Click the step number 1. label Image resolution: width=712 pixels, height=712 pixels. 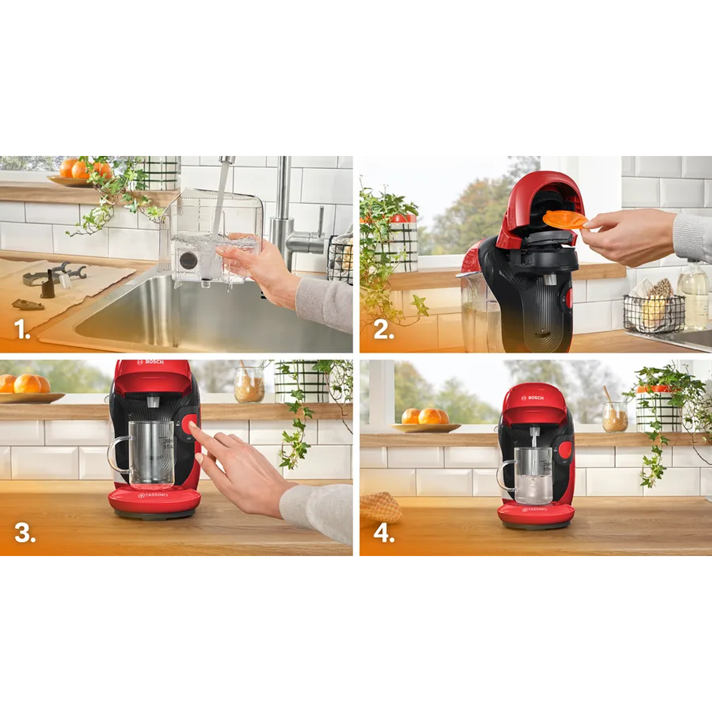[x=22, y=330]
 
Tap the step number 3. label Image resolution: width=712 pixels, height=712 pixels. [x=25, y=533]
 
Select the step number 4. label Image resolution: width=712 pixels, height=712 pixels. [x=384, y=533]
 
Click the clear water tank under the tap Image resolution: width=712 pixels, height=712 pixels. [x=213, y=238]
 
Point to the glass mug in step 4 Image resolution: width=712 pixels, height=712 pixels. [x=532, y=475]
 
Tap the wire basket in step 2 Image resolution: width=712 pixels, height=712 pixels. [x=653, y=312]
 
